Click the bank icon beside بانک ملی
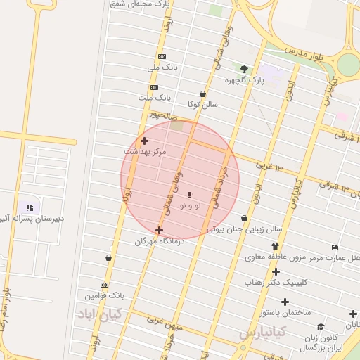coord(162,56)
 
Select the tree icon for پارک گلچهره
coord(244,69)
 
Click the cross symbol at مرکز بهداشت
coord(144,141)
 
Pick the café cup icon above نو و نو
coord(190,194)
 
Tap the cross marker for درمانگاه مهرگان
coord(159,230)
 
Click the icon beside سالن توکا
coord(203,94)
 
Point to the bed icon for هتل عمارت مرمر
coord(335,247)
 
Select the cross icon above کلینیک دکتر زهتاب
coord(276,271)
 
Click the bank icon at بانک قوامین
coord(104,285)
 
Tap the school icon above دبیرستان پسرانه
coord(30,207)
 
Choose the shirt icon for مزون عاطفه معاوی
coord(275,247)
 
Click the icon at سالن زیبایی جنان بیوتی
coord(244,219)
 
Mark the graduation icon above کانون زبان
coord(321,326)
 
